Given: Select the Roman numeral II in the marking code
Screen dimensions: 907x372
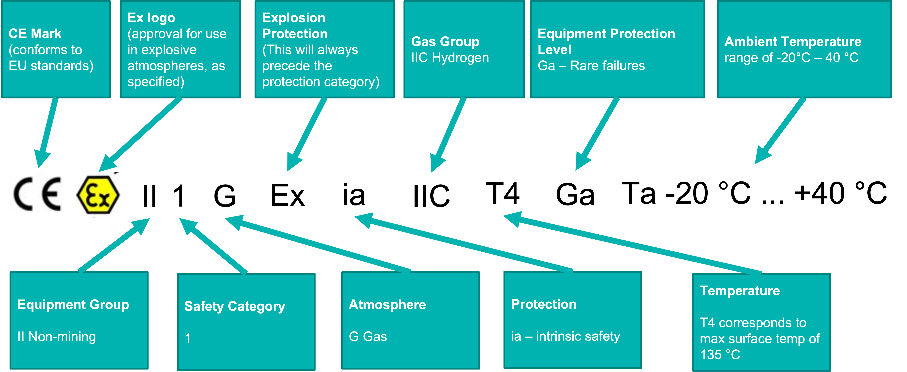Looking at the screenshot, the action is coord(149,196).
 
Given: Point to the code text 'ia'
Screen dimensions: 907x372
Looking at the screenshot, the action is coord(354,195).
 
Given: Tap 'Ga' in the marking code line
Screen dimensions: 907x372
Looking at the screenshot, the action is coord(575,195).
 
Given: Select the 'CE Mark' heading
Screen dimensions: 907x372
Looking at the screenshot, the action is coord(35,34).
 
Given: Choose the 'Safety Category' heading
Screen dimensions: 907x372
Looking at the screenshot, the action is coord(234,306).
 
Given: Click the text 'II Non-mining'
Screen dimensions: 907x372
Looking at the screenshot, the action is coord(57,337).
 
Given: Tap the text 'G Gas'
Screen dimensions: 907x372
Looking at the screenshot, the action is coord(368,337).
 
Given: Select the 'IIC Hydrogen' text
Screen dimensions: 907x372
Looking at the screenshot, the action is coord(450,58).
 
